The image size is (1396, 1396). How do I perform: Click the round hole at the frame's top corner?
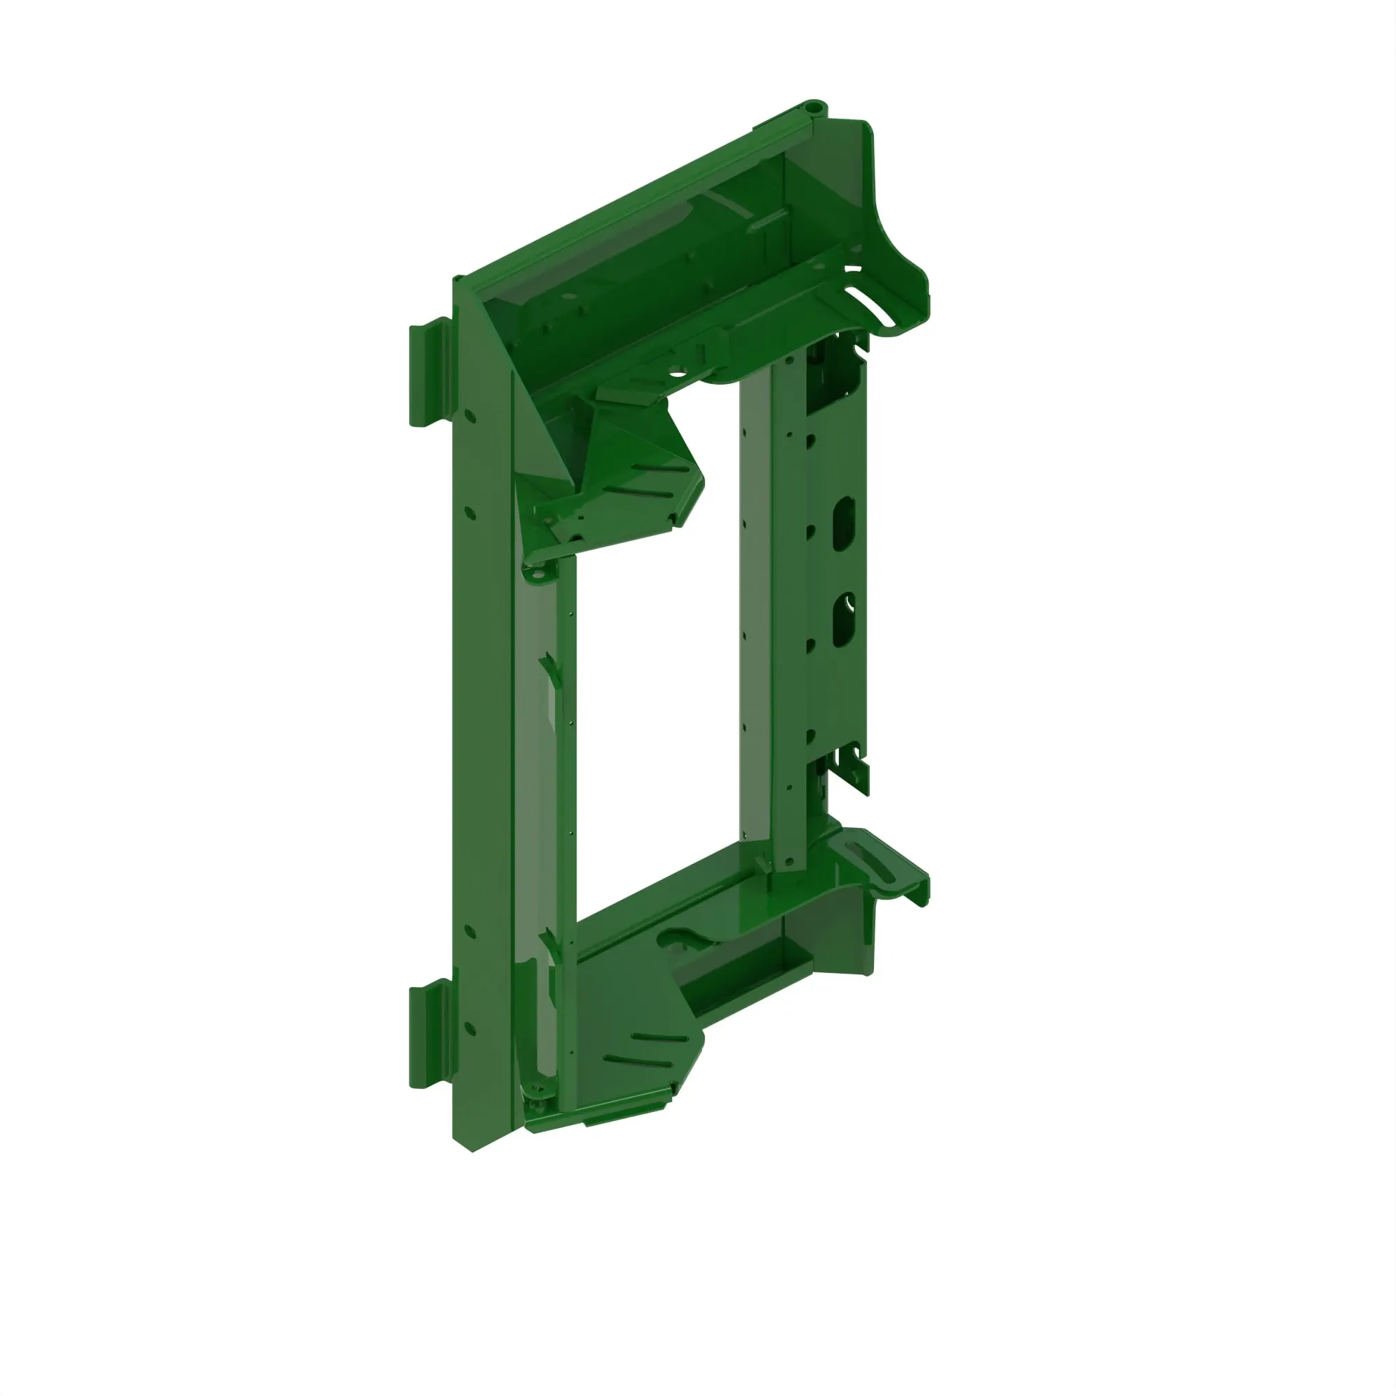[x=816, y=107]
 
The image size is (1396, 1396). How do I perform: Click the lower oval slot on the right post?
[x=843, y=620]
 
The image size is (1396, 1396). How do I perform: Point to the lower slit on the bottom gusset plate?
[x=639, y=1062]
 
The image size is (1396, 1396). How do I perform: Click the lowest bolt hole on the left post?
[x=470, y=1027]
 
